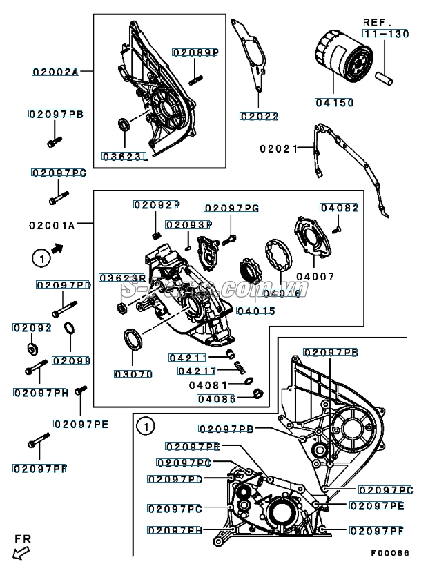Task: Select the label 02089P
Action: pyautogui.click(x=195, y=52)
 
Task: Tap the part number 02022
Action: pyautogui.click(x=259, y=116)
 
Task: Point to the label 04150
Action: pyautogui.click(x=334, y=102)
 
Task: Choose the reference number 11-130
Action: pyautogui.click(x=386, y=33)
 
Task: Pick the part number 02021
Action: pyautogui.click(x=278, y=148)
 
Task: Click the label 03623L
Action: pyautogui.click(x=125, y=157)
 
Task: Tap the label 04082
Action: pyautogui.click(x=339, y=208)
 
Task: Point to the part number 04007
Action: pyautogui.click(x=315, y=276)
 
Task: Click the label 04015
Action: pyautogui.click(x=255, y=311)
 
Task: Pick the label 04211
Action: pyautogui.click(x=188, y=358)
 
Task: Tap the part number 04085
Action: pyautogui.click(x=216, y=398)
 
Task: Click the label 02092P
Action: pyautogui.click(x=156, y=204)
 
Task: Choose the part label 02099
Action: pyautogui.click(x=71, y=360)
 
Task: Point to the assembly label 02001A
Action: pyautogui.click(x=52, y=224)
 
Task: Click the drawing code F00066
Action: pyautogui.click(x=389, y=553)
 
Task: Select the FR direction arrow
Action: pyautogui.click(x=21, y=550)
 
